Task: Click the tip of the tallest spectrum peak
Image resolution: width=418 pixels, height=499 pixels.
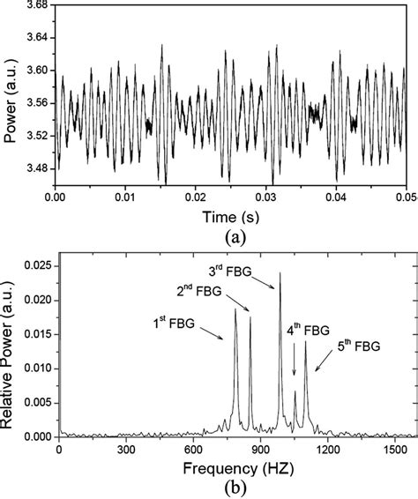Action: pyautogui.click(x=280, y=272)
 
